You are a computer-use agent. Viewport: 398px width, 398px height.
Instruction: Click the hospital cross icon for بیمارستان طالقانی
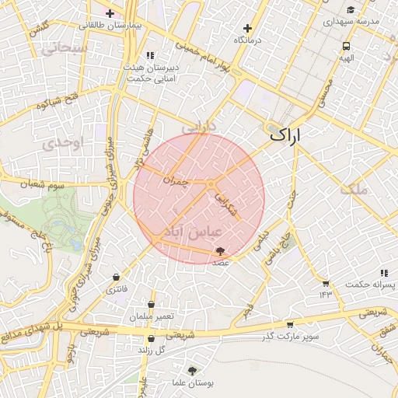(110, 13)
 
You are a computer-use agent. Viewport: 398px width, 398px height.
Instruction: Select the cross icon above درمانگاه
(247, 28)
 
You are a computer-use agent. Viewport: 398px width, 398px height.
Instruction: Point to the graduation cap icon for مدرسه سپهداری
(351, 10)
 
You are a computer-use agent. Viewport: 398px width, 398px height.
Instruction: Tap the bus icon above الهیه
(345, 46)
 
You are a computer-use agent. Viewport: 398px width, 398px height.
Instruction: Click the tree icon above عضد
(221, 251)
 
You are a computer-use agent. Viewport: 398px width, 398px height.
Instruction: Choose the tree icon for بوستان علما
(192, 371)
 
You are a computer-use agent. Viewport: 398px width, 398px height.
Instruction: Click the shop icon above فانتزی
(117, 277)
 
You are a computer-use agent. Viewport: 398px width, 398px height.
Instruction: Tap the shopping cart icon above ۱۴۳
(325, 282)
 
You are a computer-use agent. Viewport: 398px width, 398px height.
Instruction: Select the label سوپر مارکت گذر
(290, 335)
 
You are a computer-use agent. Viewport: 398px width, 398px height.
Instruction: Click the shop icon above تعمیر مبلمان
(150, 305)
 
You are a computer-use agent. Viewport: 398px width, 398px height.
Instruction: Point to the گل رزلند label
(153, 350)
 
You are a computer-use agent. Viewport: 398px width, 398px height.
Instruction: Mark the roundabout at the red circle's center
(211, 183)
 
